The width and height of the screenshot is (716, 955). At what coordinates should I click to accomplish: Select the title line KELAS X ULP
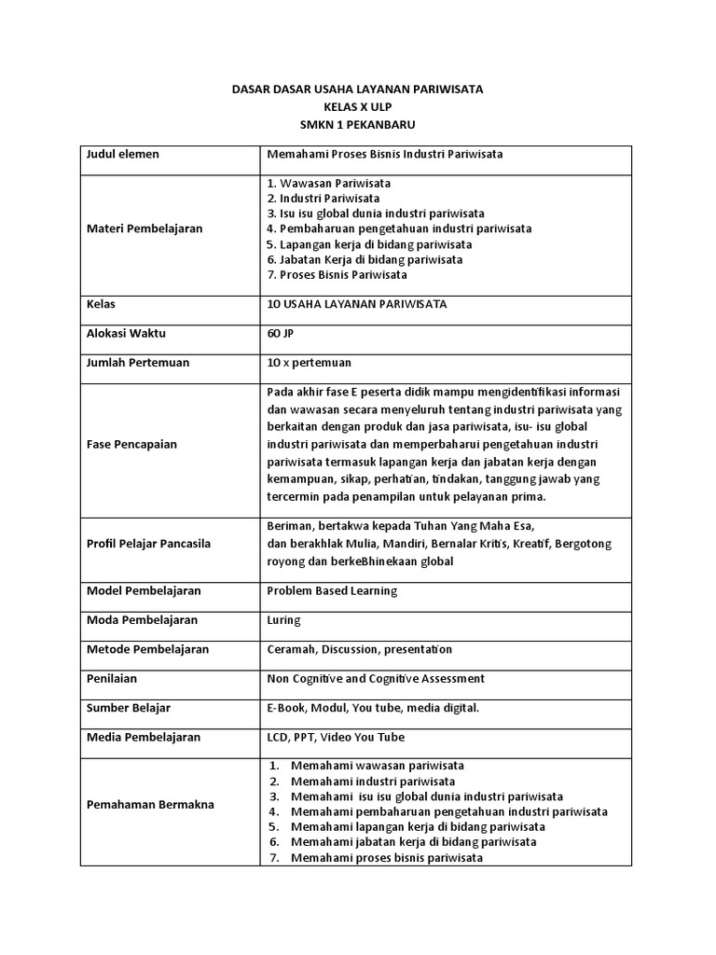[x=357, y=107]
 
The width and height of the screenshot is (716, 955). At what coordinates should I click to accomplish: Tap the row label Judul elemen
[x=123, y=154]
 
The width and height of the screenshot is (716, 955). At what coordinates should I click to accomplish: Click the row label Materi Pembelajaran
[x=145, y=228]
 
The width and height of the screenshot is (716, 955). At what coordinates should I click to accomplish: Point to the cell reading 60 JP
[x=280, y=333]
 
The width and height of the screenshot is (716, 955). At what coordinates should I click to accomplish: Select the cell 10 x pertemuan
[x=309, y=362]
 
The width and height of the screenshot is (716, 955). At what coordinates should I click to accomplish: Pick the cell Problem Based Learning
[x=332, y=590]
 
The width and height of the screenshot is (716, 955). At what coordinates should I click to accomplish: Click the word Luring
[x=283, y=619]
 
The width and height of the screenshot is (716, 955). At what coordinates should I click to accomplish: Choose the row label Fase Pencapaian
[x=133, y=444]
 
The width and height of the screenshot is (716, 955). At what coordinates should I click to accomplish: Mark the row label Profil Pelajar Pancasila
[x=149, y=544]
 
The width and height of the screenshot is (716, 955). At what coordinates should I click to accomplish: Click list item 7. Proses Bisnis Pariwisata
[x=337, y=275]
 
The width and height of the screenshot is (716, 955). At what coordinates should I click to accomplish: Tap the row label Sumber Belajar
[x=129, y=708]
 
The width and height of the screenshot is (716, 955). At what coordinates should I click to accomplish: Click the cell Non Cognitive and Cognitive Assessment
[x=376, y=678]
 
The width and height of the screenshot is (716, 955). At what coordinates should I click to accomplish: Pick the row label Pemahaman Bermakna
[x=149, y=804]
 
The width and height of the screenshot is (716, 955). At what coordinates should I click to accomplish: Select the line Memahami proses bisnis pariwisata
[x=386, y=857]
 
